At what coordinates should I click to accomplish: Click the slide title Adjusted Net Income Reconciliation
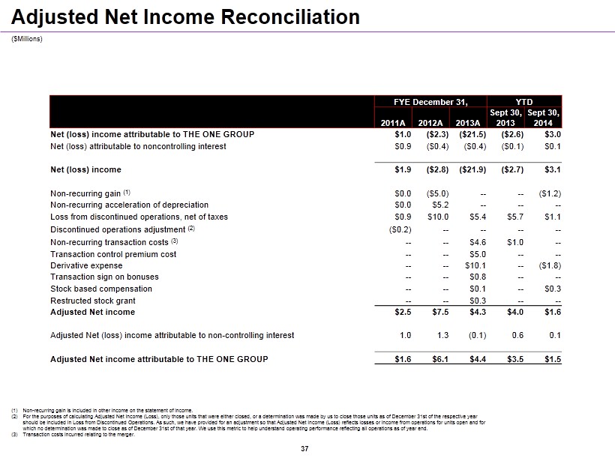(186, 16)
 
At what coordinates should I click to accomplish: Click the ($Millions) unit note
(27, 39)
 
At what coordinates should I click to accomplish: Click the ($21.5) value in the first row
(472, 134)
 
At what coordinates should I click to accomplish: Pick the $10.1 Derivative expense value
(476, 265)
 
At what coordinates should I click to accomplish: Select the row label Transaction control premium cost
(113, 254)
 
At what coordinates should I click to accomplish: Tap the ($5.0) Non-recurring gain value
(436, 193)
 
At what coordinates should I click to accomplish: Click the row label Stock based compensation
(100, 289)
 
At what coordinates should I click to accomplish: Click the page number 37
(304, 449)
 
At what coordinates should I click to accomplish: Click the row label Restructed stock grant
(91, 301)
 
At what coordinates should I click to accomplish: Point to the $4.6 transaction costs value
(478, 242)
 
